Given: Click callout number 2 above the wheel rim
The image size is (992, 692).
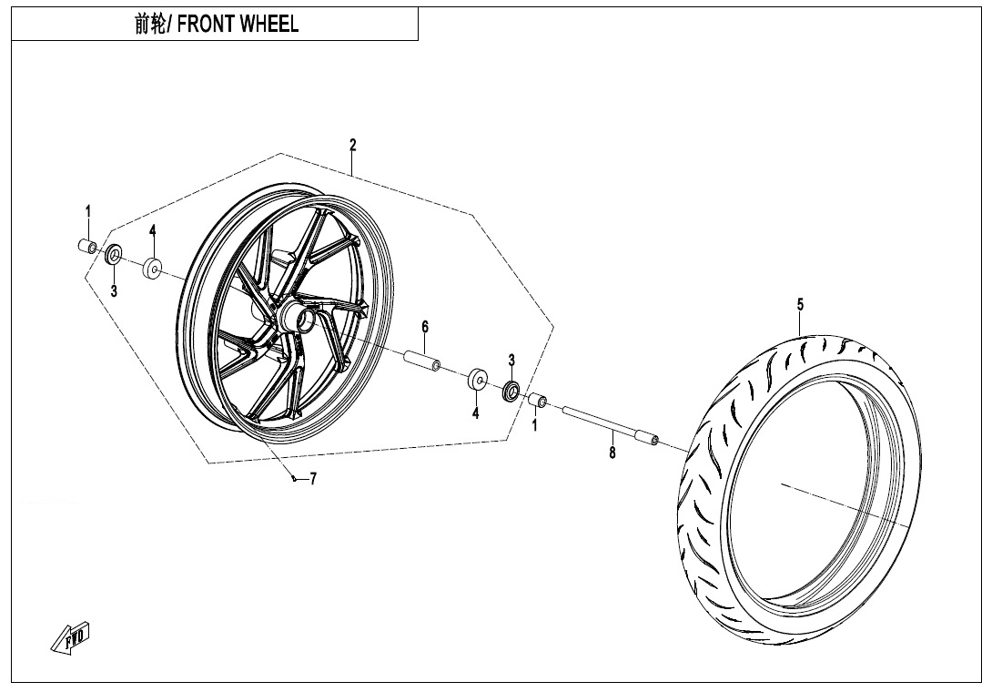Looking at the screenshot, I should [x=353, y=145].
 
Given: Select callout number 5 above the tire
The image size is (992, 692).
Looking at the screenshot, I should [x=800, y=304].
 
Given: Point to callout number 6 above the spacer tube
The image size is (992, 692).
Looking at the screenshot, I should [x=424, y=327].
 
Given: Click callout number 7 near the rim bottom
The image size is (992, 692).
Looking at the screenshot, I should [x=313, y=479].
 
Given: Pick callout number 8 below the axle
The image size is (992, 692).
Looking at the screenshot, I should [x=612, y=452].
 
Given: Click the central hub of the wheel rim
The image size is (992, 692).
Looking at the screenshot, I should [x=298, y=317].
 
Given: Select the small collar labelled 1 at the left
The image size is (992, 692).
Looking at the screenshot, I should [x=87, y=246].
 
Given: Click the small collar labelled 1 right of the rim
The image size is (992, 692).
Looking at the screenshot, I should [x=537, y=400].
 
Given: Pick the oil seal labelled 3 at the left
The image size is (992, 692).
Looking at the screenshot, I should [x=115, y=255].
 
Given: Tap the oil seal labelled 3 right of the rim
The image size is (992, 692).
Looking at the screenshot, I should [x=511, y=392].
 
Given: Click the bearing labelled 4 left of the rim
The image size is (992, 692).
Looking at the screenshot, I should [x=152, y=269].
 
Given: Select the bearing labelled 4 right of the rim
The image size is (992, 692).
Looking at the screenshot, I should [x=476, y=379].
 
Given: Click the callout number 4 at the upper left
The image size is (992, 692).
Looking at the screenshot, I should [x=153, y=230].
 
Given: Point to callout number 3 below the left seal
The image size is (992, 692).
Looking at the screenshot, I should [x=114, y=291].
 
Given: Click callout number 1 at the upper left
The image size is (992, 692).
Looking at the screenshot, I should [x=88, y=212].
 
